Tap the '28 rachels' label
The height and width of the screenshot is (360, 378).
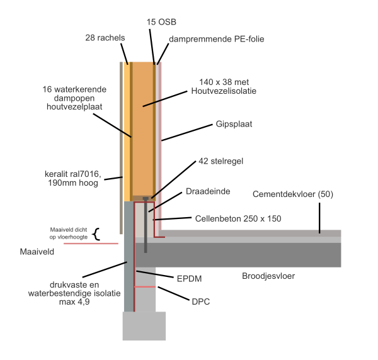[x=106, y=38]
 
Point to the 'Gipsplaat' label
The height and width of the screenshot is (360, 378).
[x=234, y=124]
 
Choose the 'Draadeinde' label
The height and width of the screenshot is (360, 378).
[x=207, y=189]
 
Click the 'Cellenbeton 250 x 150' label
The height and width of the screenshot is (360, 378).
[x=233, y=218]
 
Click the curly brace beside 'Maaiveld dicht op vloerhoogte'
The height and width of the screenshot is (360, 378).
[x=96, y=234]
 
